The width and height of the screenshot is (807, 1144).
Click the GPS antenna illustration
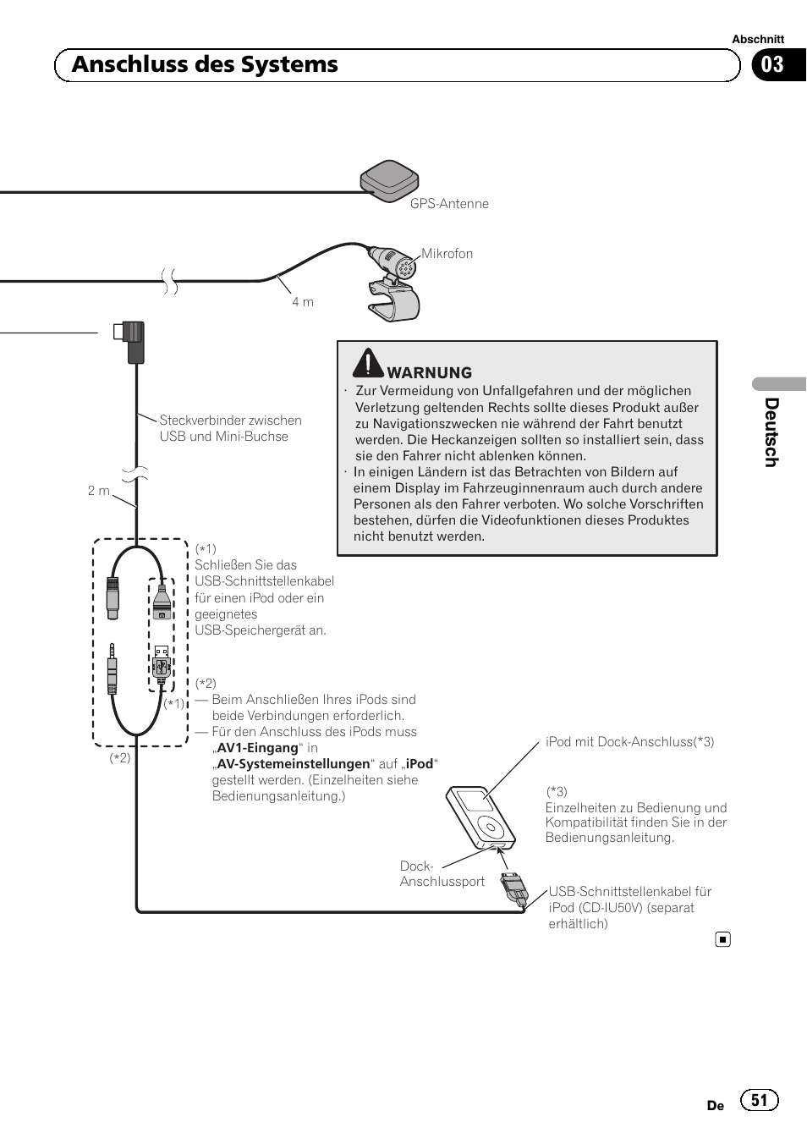(389, 178)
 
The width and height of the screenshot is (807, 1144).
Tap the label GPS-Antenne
(449, 204)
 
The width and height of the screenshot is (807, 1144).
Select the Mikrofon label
(447, 254)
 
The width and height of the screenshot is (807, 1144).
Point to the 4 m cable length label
(303, 302)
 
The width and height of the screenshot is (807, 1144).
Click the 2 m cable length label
(99, 491)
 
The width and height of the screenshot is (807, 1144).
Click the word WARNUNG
(430, 373)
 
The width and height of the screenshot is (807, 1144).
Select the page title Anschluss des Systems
(205, 65)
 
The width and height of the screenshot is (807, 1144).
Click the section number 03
(772, 65)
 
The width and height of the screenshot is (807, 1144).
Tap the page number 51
(759, 1100)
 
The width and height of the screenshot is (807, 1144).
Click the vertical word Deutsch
(771, 432)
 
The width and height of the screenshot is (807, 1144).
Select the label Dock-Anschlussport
(442, 874)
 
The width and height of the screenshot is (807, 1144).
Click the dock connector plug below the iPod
(514, 888)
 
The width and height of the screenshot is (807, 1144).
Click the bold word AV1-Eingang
(258, 748)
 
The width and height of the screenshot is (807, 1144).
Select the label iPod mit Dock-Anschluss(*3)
(629, 742)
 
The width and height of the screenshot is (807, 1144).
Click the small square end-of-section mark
(722, 939)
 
